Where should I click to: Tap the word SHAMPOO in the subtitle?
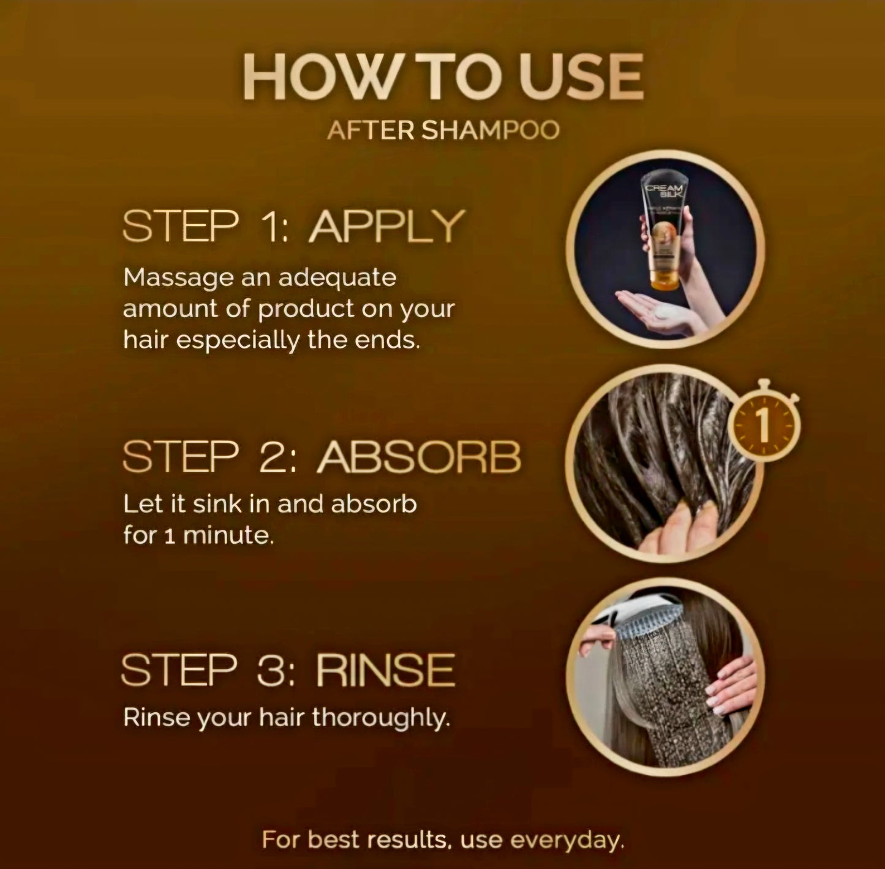491,130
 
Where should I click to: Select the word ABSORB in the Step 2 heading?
419,457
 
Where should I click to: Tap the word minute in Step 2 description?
228,535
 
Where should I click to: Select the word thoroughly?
381,718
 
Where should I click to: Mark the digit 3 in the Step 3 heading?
274,670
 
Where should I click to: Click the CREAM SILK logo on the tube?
665,191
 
